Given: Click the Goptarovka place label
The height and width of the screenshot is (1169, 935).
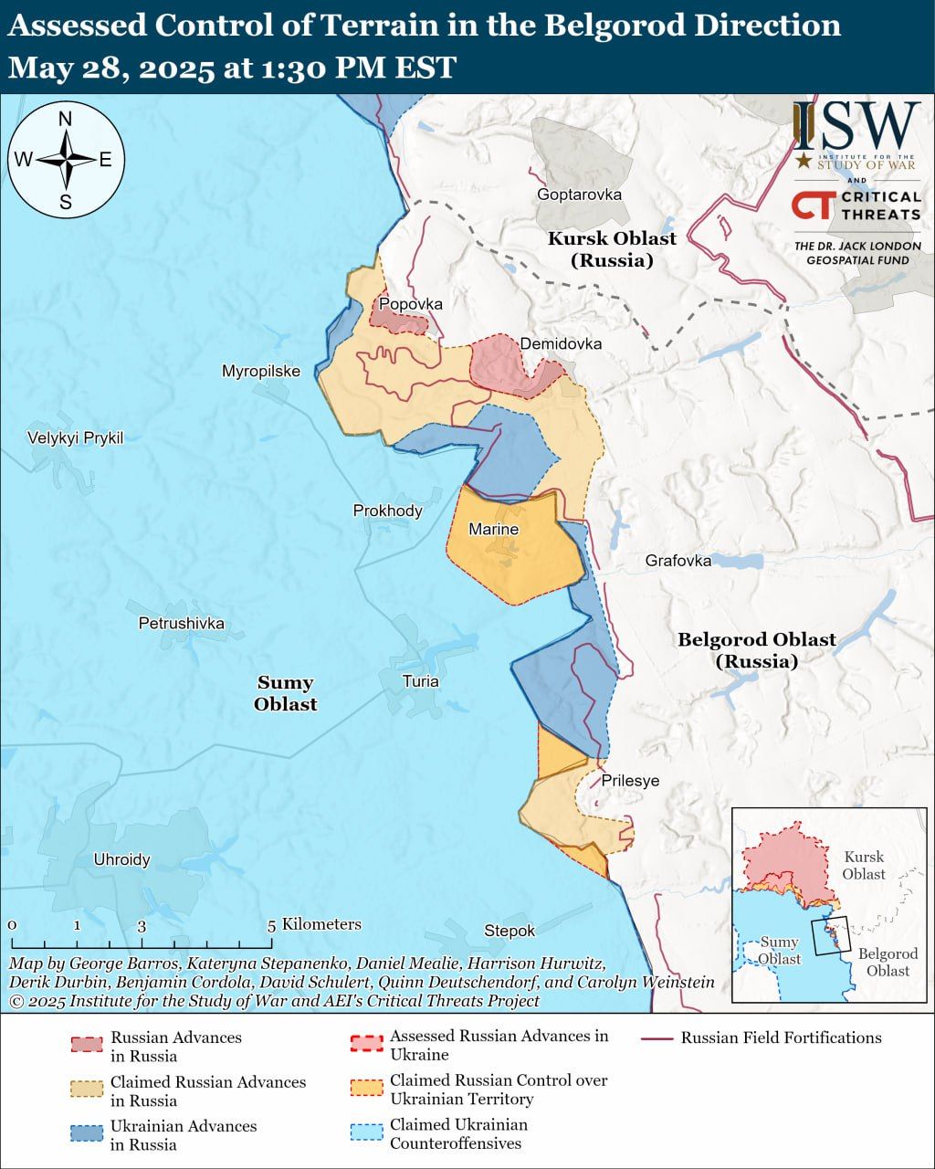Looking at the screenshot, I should (579, 195).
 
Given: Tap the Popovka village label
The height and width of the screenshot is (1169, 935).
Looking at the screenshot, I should (411, 304).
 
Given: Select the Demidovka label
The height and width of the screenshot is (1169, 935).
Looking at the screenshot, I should (561, 343).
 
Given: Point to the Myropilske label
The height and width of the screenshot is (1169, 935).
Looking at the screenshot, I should (261, 371).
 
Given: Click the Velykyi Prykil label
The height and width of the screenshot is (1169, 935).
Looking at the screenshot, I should (75, 437).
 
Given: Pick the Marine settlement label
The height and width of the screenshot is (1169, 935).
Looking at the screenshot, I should (493, 529).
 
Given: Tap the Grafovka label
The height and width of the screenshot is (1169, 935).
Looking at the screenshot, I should (678, 560).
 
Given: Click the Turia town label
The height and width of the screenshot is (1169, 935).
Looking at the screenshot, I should (420, 680).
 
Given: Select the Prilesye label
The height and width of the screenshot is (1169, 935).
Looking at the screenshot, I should (630, 781).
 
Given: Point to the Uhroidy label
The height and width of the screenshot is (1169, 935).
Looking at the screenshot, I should (121, 859).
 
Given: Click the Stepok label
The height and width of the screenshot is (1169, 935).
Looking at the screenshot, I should (510, 931).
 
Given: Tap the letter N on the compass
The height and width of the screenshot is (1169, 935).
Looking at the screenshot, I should (65, 119).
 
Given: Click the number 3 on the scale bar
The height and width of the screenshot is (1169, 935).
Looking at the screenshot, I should (142, 925).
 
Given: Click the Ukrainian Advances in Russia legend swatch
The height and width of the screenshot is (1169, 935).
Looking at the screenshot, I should (87, 1133).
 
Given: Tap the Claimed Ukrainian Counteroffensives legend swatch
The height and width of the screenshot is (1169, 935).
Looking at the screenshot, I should (366, 1132).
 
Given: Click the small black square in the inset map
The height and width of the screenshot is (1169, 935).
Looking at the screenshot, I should (830, 936).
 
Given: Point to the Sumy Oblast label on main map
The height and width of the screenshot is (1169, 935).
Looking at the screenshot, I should (286, 693).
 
